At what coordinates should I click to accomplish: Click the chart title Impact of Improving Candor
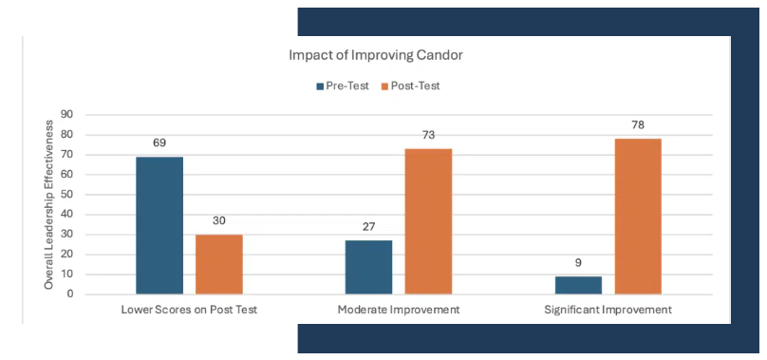376,55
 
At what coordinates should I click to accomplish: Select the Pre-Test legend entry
343,86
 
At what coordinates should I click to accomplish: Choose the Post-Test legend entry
410,86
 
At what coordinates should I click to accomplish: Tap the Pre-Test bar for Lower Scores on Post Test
159,225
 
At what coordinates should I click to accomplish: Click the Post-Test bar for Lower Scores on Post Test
219,264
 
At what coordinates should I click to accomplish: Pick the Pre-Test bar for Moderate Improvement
368,268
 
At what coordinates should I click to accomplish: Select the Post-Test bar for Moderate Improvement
428,221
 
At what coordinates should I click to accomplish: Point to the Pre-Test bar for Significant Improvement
578,285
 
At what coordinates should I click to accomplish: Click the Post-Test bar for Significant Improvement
638,217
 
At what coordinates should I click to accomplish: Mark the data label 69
159,143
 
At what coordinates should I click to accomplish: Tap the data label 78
638,124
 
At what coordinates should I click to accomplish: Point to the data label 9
578,263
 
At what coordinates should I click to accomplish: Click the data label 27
368,227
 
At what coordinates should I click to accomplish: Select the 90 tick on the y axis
66,115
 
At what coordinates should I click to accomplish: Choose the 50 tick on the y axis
66,195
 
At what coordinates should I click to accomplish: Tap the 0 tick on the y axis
70,294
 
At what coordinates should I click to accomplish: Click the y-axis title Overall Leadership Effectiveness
49,205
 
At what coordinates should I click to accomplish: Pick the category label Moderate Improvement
399,310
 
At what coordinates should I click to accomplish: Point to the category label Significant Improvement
608,310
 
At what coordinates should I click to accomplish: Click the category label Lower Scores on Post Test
189,310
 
